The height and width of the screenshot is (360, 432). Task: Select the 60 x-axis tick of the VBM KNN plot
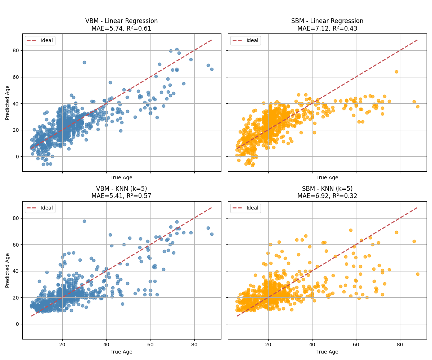point(150,345)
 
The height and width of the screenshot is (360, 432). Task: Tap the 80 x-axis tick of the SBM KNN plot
point(400,345)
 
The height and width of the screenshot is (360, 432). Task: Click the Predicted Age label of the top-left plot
point(8,103)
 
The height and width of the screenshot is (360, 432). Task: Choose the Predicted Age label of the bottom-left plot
point(8,270)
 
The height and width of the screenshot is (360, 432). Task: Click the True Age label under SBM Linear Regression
point(327,177)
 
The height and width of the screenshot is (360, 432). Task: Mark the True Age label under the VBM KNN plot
point(121,352)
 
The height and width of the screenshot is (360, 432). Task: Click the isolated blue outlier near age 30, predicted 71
point(84,62)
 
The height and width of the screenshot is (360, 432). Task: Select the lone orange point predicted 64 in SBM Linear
point(396,72)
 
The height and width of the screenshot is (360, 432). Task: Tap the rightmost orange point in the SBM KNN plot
point(418,274)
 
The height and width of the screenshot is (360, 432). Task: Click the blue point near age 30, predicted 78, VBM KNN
point(84,221)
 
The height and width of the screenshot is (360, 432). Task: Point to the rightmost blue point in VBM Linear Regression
point(212,69)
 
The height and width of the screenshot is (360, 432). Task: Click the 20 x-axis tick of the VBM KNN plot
point(62,345)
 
